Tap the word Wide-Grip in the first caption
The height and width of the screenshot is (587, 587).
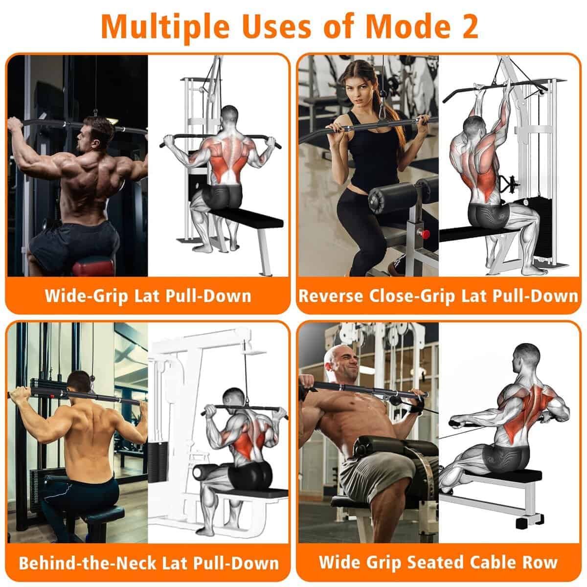86,296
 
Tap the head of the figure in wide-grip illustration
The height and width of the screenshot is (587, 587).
232,117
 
